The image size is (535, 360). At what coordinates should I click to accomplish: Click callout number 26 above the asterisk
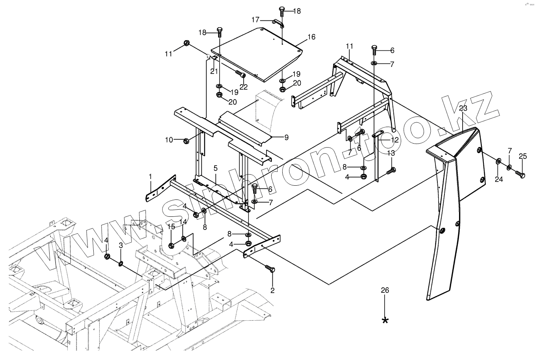click(385, 290)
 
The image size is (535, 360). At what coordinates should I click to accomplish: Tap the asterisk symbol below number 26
click(385, 320)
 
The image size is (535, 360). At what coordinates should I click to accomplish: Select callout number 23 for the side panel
click(463, 108)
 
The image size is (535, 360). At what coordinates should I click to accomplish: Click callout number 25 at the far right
click(522, 156)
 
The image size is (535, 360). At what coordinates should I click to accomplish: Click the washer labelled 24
click(498, 161)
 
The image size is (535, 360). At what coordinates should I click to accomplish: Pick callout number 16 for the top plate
click(311, 37)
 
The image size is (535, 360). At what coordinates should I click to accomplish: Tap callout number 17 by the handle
click(255, 19)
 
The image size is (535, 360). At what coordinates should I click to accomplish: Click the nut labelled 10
click(187, 140)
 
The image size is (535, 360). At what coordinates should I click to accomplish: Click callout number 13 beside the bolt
click(391, 153)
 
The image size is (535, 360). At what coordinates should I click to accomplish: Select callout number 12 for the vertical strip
click(394, 140)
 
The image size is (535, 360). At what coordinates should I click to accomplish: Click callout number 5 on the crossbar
click(215, 168)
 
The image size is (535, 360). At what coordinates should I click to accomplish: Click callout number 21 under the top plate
click(214, 71)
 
